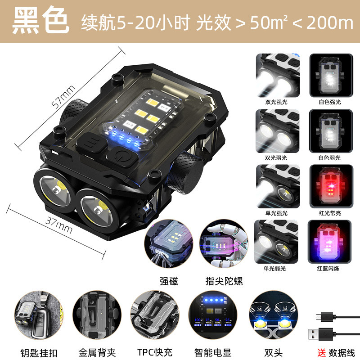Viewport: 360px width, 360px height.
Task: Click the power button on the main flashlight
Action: tap(120, 158)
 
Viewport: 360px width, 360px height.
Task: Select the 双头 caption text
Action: tap(269, 352)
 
